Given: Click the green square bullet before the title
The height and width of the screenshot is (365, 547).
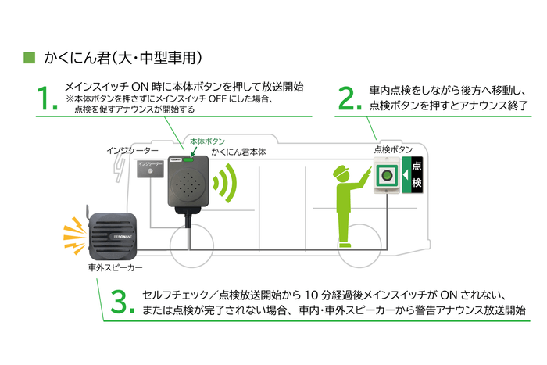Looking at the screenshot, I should click(30, 57).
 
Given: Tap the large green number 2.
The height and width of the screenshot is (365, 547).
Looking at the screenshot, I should click(348, 99).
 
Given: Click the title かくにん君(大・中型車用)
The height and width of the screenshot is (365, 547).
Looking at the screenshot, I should click(123, 57).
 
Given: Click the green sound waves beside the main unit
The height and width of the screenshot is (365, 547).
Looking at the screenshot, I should click(227, 183).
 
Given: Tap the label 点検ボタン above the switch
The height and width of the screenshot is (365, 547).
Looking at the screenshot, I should click(390, 150).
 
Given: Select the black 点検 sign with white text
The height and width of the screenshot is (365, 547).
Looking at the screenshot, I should click(416, 176).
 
